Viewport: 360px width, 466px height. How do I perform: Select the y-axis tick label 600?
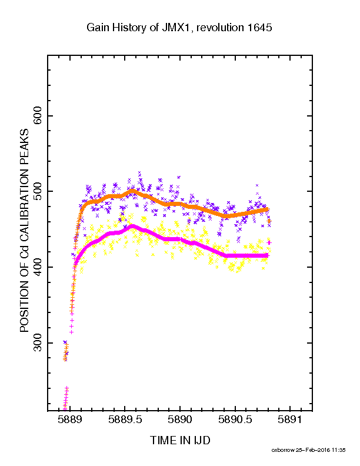pos(38,116)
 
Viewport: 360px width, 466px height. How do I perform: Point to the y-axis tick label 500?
pos(38,191)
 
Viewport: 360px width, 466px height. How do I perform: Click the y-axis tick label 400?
pos(38,267)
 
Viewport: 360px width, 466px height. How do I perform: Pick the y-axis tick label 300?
pos(38,343)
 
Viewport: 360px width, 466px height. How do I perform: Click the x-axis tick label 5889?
pos(69,420)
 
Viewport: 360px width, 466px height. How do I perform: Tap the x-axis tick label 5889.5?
pos(125,420)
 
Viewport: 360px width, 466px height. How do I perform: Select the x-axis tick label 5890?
pos(179,420)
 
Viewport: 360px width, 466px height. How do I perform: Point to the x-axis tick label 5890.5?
pos(235,420)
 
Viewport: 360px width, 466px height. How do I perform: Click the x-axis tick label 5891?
pos(289,420)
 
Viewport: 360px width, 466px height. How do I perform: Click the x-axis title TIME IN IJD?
pos(180,440)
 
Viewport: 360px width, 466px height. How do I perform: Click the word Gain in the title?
pos(96,28)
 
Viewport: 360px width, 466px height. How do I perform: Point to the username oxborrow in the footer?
pos(282,450)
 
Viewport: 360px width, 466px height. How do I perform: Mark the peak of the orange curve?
pos(132,191)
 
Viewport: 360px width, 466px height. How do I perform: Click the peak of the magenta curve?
pos(132,226)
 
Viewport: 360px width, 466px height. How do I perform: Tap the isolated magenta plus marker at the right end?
pos(269,243)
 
